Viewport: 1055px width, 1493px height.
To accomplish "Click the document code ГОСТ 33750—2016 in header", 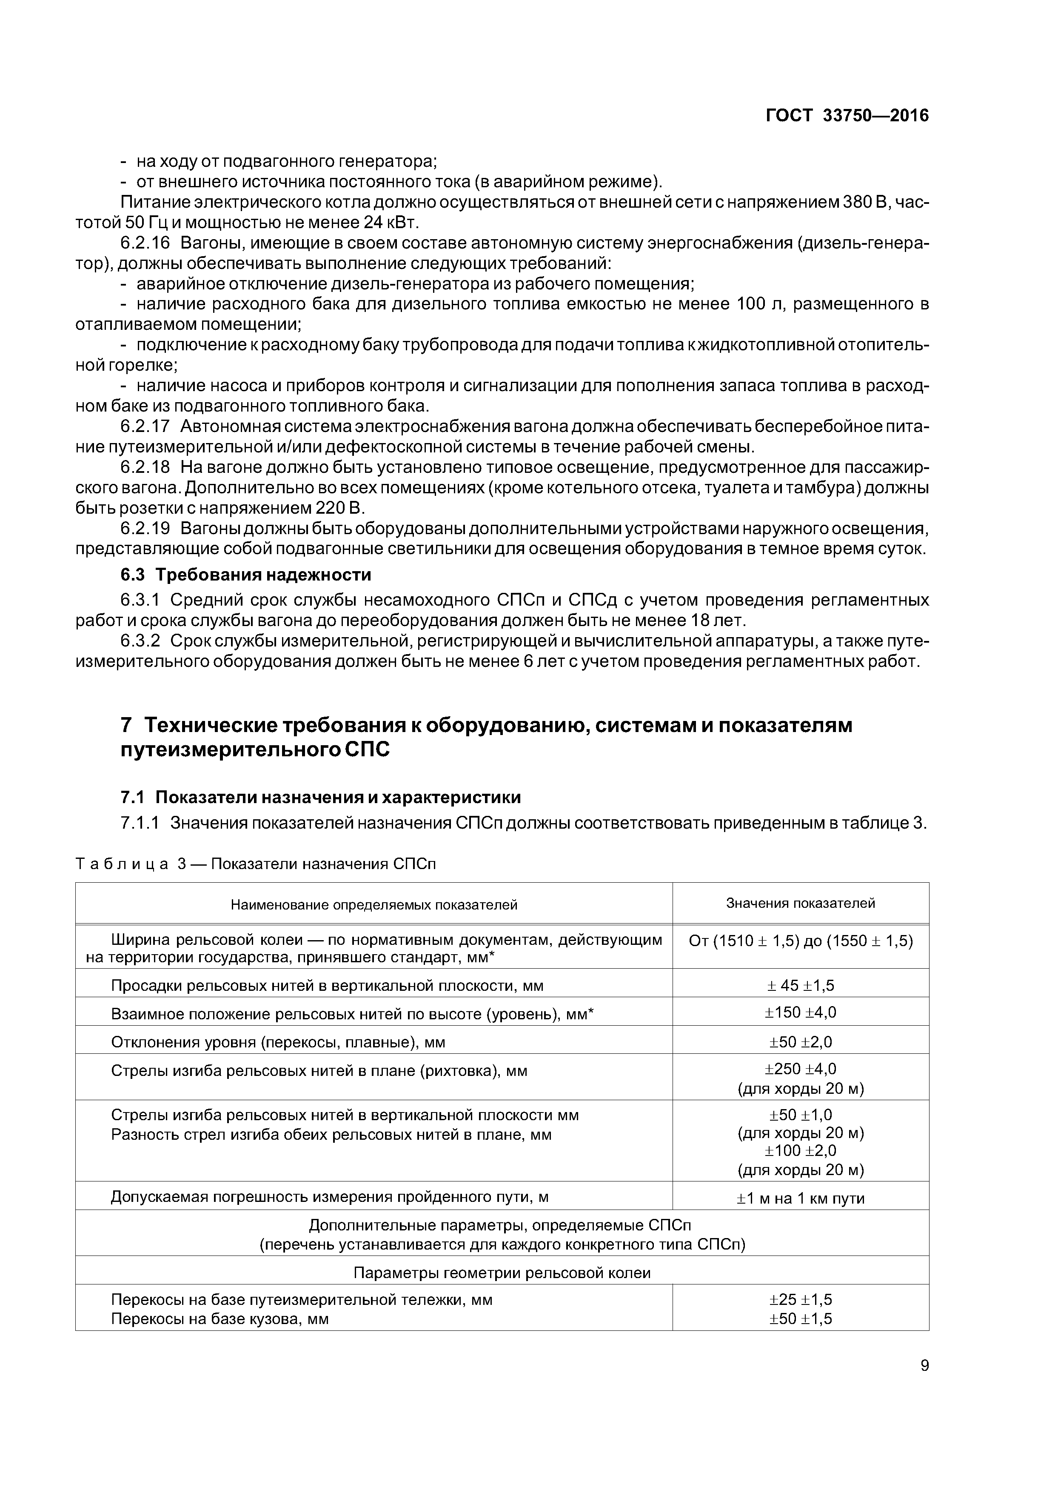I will [847, 116].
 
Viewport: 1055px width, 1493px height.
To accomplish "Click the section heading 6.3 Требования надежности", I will [246, 575].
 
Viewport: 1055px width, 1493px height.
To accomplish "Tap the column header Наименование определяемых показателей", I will [374, 904].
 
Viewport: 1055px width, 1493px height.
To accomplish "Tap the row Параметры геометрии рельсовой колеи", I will [502, 1273].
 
